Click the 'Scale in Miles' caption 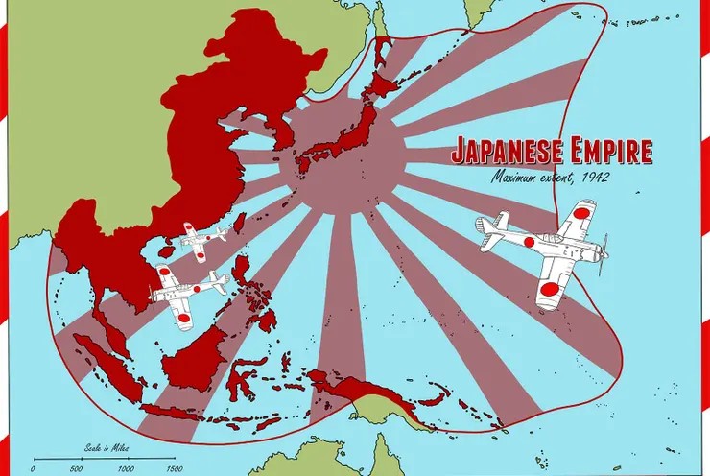(103, 447)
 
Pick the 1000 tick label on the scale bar (125, 469)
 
